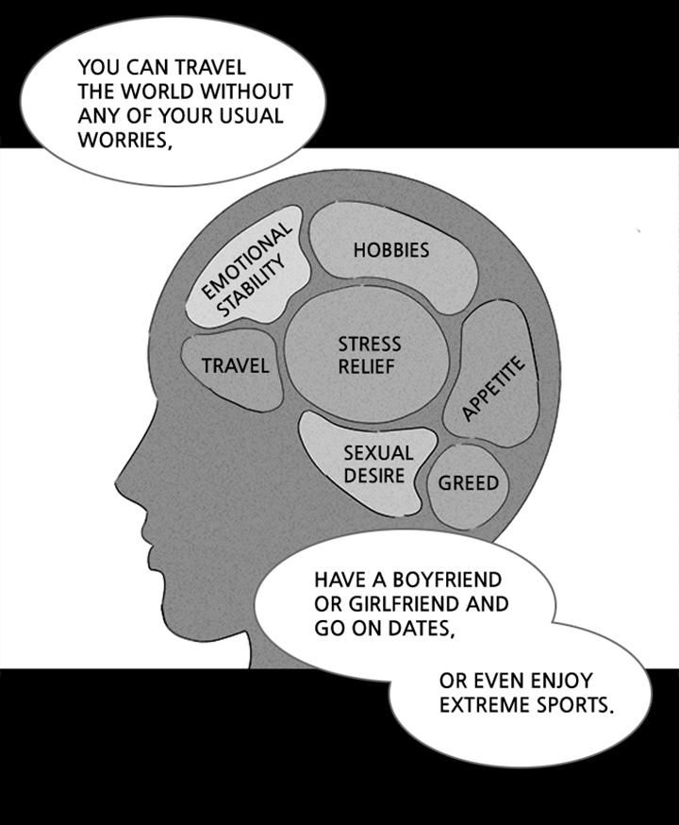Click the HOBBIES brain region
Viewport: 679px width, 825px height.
391,250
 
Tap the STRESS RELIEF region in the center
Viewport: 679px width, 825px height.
369,355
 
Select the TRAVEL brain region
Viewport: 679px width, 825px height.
235,365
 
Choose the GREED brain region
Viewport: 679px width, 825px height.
468,483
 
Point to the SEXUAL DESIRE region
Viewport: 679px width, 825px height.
377,465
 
